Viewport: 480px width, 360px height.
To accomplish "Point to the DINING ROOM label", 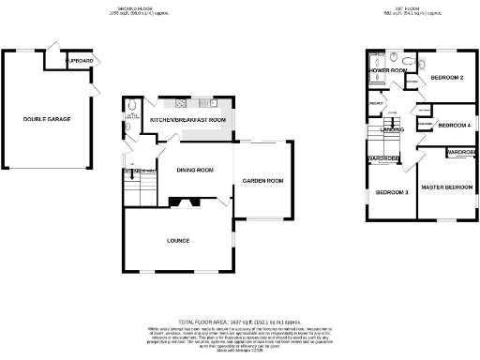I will [191, 170].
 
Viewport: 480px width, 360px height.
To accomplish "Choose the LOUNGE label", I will [178, 241].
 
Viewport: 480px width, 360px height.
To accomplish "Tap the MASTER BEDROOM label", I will [445, 187].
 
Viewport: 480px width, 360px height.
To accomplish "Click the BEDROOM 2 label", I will [447, 77].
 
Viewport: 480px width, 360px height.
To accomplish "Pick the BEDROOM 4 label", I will [454, 125].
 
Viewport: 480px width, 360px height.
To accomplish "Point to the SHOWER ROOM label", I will [386, 70].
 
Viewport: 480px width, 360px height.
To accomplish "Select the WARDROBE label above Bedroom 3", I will [384, 158].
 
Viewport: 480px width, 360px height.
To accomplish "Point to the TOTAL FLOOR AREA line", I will [239, 321].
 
